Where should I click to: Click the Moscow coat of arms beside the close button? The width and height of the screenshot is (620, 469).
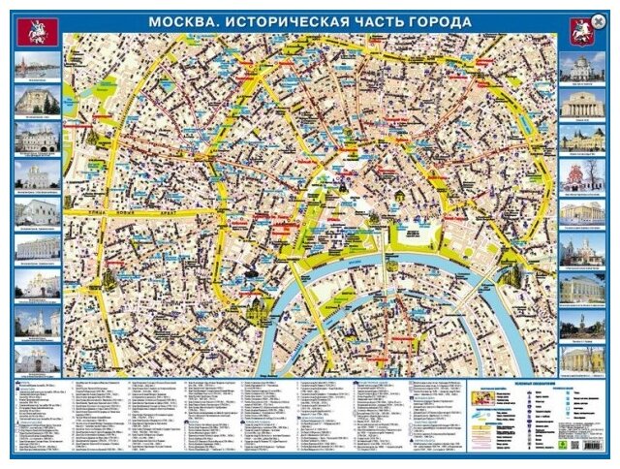coord(581,33)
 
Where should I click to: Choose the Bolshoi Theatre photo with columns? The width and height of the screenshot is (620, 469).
coord(581,103)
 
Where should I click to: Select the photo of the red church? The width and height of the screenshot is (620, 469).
coord(581,174)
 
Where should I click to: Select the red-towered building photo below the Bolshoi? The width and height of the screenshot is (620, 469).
coord(581,139)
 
